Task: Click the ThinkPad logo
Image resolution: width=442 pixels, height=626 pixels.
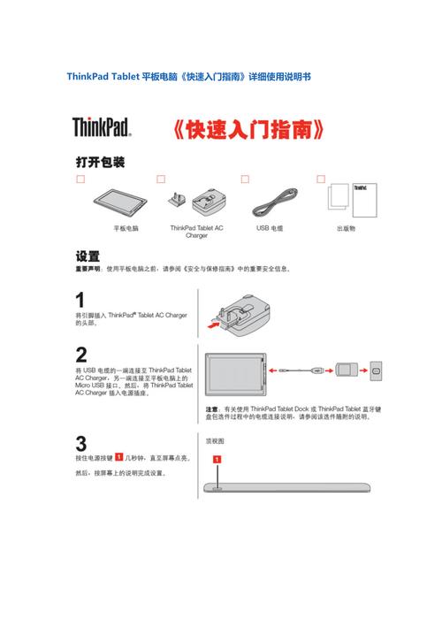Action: (102, 126)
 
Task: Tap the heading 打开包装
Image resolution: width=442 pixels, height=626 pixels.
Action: (99, 163)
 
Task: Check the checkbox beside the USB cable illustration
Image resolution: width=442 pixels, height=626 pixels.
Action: (242, 179)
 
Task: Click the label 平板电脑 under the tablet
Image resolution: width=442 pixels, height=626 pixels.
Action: (126, 228)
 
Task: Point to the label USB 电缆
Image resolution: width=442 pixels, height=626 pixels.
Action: (270, 228)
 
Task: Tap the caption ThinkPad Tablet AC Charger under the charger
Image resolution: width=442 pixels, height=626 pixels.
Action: (196, 232)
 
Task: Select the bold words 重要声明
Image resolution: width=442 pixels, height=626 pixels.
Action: (88, 269)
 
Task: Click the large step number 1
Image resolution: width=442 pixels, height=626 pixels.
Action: (81, 301)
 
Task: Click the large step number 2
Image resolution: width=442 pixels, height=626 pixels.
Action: (81, 355)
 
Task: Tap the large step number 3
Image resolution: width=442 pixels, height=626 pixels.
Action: (81, 444)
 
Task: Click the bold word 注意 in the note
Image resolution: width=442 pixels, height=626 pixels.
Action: (212, 409)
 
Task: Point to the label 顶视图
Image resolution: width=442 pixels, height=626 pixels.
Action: (216, 440)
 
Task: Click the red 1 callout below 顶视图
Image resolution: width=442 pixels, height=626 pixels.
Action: (217, 460)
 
